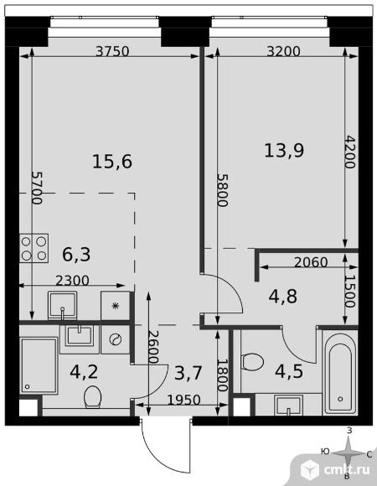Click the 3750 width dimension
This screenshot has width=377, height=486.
click(112, 51)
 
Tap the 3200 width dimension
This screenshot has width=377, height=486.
click(283, 51)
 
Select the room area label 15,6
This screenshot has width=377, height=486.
click(112, 162)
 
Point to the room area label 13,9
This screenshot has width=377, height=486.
click(284, 151)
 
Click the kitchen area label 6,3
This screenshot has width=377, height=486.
click(76, 255)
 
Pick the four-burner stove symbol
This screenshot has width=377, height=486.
click(34, 248)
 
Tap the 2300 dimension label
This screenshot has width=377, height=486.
click(72, 281)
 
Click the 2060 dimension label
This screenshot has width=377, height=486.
click(311, 262)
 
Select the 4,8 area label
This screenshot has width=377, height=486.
click(283, 297)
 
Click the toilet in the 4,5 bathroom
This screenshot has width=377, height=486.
click(252, 362)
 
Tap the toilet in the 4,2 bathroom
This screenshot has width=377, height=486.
click(92, 396)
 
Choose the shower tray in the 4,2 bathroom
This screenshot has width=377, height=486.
click(39, 365)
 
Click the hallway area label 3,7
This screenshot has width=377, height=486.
click(188, 373)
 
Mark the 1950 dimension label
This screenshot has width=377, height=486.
click(184, 401)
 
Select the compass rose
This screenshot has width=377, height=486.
click(349, 454)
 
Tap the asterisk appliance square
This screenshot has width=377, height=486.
click(116, 306)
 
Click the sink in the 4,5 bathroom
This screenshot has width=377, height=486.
click(289, 405)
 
